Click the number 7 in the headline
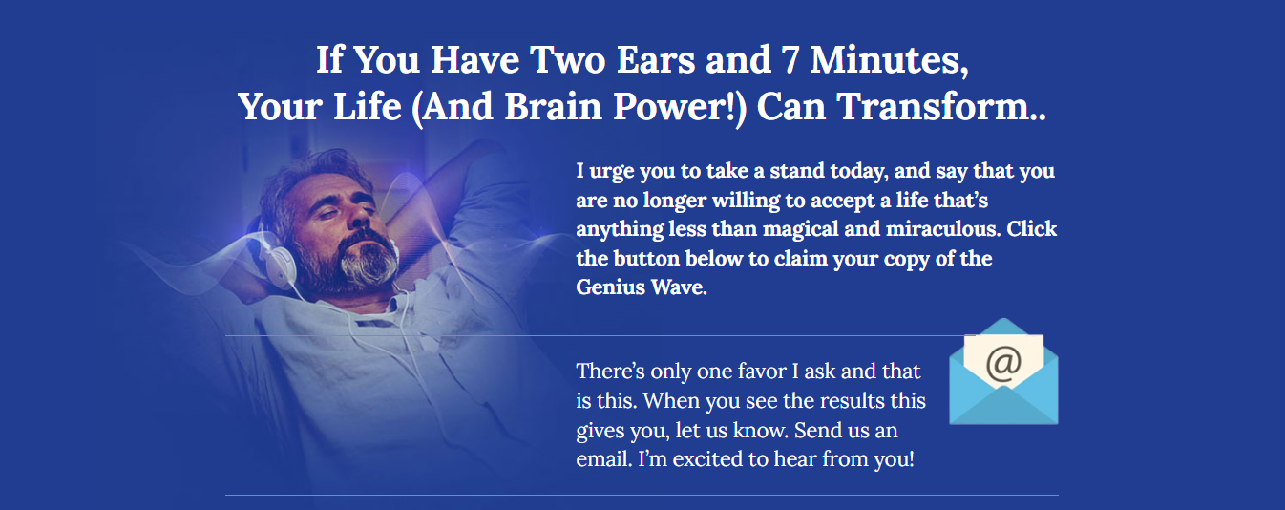790,59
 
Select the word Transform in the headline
933,107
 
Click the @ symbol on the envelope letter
1003,363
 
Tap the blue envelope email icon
1003,372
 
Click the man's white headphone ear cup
280,263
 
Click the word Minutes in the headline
889,59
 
